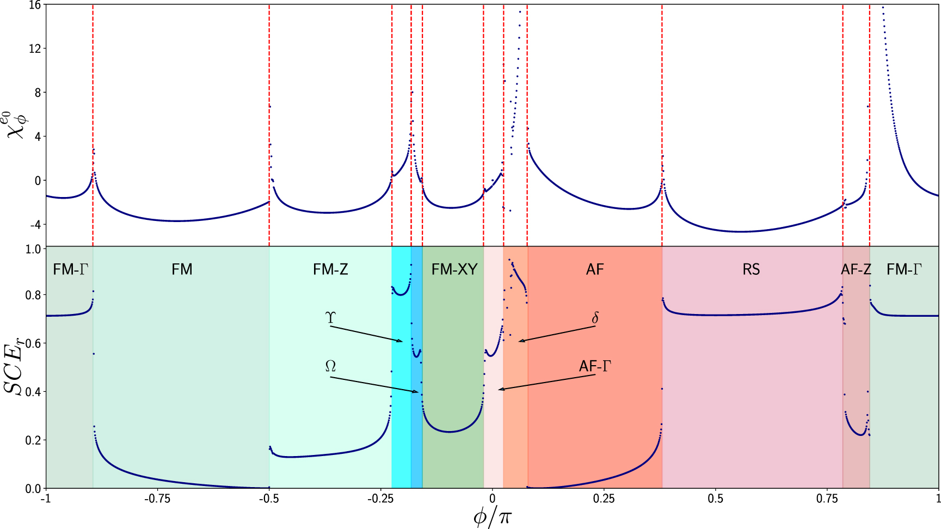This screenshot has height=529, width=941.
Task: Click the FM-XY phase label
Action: click(x=454, y=269)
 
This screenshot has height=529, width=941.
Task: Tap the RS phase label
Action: click(x=751, y=269)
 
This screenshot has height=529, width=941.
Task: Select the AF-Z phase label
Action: click(x=856, y=269)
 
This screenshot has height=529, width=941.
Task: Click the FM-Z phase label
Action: click(x=330, y=269)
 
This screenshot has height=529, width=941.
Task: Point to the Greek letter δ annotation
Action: click(x=595, y=318)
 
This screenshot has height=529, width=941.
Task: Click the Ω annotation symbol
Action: click(x=330, y=367)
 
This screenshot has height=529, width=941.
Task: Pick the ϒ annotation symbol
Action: click(x=330, y=318)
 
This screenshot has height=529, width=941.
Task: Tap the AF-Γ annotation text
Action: click(x=595, y=366)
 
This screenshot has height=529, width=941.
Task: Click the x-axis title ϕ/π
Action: click(x=492, y=516)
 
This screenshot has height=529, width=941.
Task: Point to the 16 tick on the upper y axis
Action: click(x=35, y=5)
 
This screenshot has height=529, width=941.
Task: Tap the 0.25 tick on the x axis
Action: click(x=604, y=499)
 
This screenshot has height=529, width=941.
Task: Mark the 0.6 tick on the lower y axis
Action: click(x=33, y=343)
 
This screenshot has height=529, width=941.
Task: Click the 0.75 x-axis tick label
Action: click(x=827, y=499)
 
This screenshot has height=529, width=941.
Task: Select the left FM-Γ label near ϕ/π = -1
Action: click(x=70, y=269)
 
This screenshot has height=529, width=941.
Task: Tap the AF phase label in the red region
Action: click(x=595, y=269)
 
